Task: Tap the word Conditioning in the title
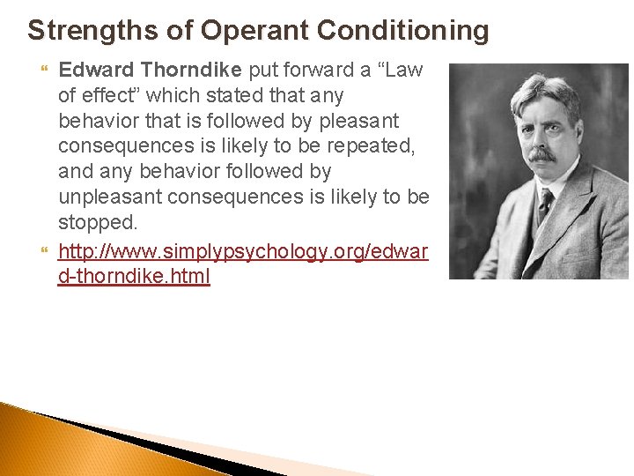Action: [402, 30]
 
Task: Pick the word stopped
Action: [98, 221]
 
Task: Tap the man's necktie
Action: [545, 209]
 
